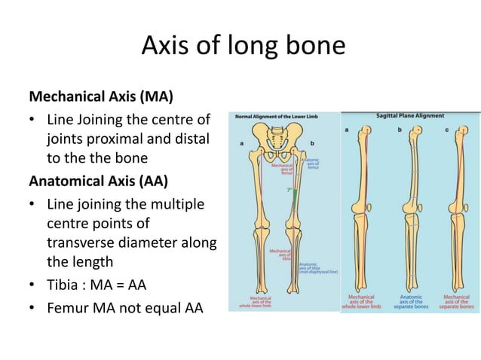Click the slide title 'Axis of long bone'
pos(243,48)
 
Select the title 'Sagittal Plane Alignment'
pos(410,117)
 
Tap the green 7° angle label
pos(289,191)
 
